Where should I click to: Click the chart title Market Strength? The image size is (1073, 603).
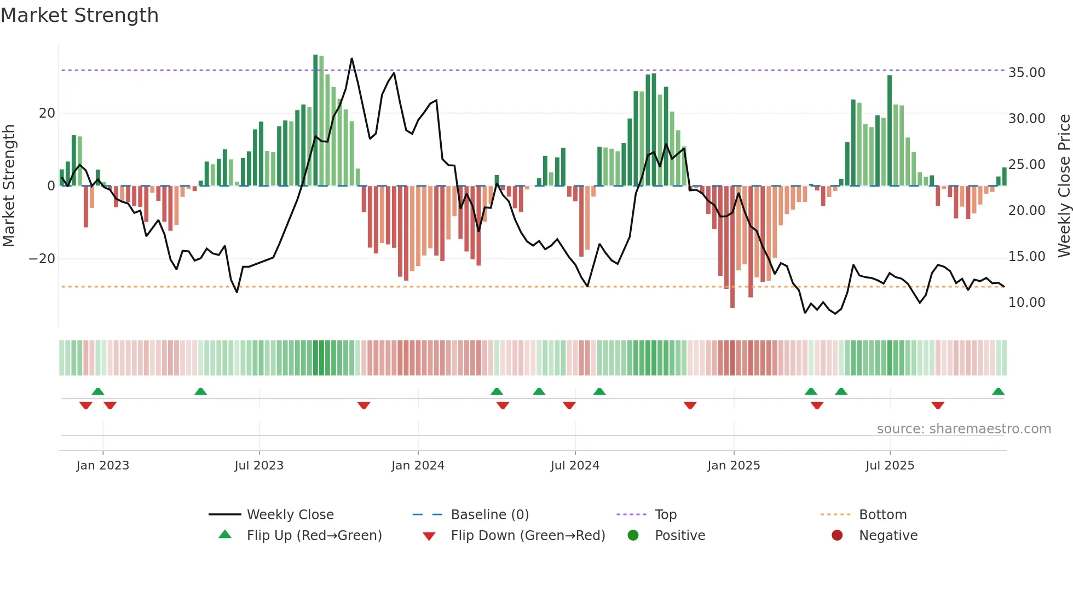click(79, 15)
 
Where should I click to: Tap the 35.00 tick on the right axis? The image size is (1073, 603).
click(1026, 73)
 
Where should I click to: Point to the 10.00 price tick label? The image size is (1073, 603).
click(1026, 303)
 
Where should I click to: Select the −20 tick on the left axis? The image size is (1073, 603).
click(42, 259)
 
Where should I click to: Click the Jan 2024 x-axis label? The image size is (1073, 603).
click(418, 466)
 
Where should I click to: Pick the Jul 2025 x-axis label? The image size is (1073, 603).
click(890, 466)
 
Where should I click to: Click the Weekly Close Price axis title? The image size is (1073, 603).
click(1064, 186)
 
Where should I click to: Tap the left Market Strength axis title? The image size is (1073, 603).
click(9, 186)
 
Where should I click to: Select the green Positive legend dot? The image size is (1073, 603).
click(633, 536)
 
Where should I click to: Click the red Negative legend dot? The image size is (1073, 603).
click(837, 536)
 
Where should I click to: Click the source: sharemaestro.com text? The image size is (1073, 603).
click(964, 429)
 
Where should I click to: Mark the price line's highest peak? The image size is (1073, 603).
click(351, 59)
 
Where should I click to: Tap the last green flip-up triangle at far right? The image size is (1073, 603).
click(998, 392)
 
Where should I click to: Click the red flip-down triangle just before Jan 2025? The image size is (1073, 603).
click(690, 405)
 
